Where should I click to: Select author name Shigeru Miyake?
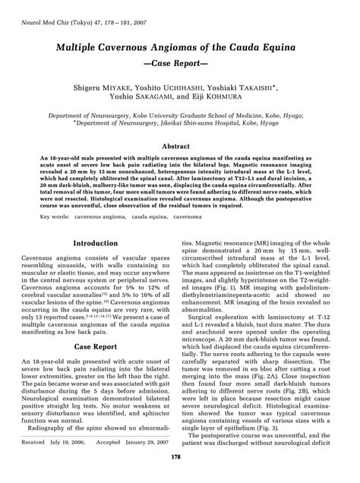124,89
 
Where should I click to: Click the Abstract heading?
180,145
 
